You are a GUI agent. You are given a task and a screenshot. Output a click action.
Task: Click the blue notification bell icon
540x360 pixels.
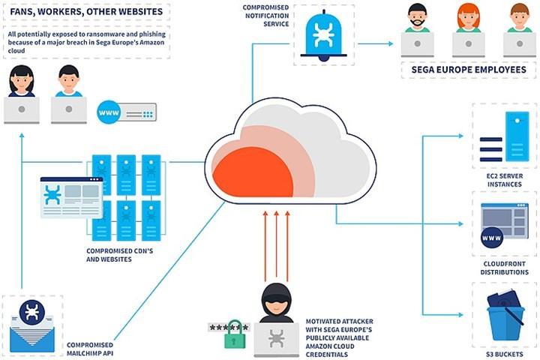click(x=323, y=36)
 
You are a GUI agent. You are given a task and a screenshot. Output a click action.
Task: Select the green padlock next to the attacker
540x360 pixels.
click(x=235, y=334)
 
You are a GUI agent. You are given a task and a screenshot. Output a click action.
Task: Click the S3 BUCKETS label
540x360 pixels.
click(x=504, y=354)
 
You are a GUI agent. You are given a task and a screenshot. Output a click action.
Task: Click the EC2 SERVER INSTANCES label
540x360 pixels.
click(x=505, y=180)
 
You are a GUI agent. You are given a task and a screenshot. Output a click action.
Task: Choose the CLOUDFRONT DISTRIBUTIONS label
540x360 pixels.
click(x=504, y=268)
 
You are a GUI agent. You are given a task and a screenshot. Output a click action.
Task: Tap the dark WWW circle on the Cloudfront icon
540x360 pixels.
click(x=491, y=238)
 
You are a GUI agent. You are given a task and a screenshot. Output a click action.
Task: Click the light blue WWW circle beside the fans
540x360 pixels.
click(x=109, y=112)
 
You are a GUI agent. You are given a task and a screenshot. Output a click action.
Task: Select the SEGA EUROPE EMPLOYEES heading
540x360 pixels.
click(x=469, y=70)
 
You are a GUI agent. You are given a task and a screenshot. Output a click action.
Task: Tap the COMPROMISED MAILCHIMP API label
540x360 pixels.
click(x=90, y=349)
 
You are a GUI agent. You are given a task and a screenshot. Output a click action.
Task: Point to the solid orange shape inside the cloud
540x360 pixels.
click(x=253, y=173)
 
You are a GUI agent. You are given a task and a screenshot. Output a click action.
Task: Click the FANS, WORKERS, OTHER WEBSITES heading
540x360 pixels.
click(x=86, y=12)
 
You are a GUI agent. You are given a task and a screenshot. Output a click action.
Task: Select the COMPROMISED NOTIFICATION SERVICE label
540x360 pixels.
click(x=265, y=16)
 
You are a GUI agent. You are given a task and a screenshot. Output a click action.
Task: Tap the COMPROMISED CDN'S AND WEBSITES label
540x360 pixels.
click(x=119, y=255)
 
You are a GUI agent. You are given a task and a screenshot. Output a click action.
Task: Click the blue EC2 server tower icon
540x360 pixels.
click(x=517, y=136)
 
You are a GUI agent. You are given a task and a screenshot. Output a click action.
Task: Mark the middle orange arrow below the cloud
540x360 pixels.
click(x=276, y=244)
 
